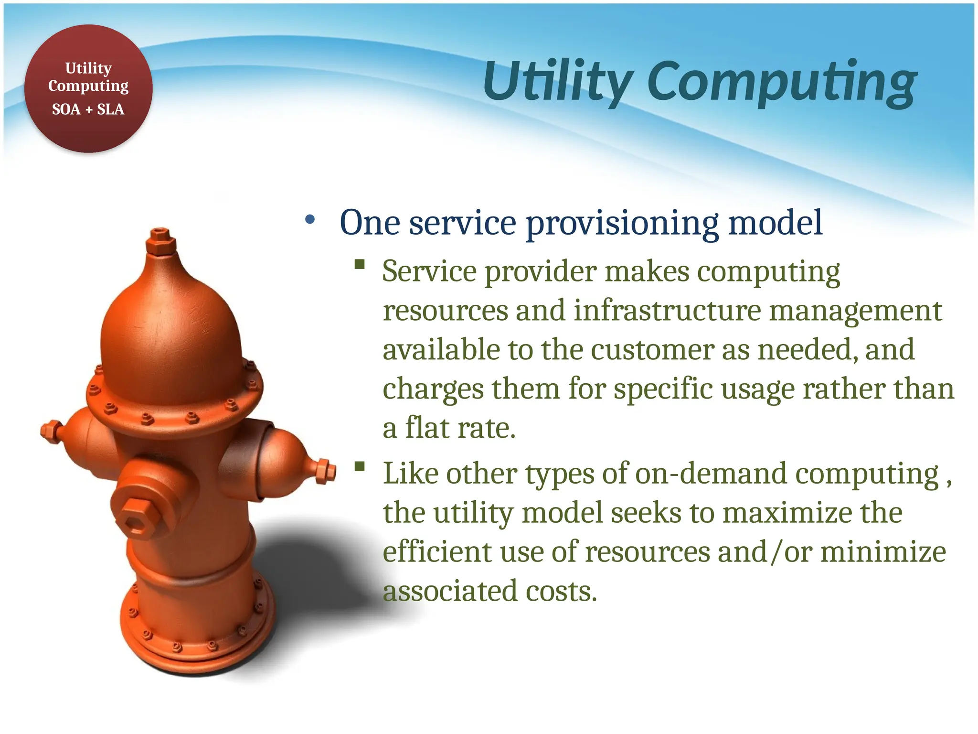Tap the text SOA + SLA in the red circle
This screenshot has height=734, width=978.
click(x=88, y=109)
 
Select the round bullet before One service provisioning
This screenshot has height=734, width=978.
click(x=310, y=220)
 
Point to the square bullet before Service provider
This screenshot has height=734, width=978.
click(x=360, y=264)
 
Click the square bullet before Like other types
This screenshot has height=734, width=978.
click(x=360, y=466)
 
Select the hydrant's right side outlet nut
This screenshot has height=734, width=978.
click(x=326, y=471)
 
